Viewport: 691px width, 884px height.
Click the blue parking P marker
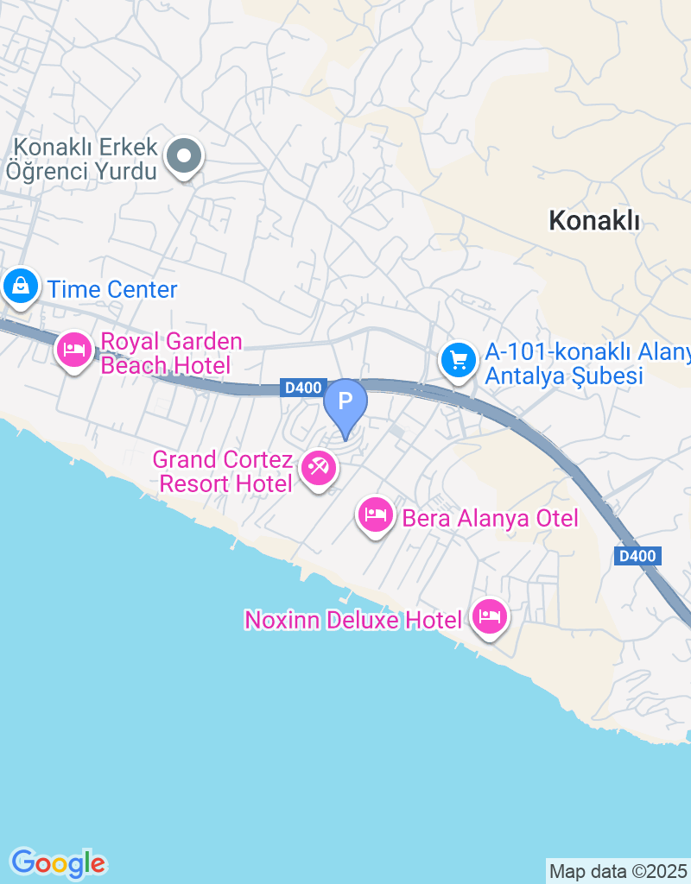point(345,402)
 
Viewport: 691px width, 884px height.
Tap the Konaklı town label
point(594,221)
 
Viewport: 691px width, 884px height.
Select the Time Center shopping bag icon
point(20,285)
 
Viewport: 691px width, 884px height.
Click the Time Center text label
point(113,289)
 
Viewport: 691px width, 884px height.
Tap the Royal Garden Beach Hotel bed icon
point(74,350)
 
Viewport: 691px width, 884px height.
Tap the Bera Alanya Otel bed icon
point(374,515)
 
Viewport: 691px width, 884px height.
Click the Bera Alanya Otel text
point(489,518)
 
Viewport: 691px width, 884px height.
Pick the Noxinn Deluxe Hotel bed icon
point(490,616)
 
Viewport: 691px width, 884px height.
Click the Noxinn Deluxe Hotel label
point(355,620)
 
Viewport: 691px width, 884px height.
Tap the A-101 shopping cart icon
point(458,359)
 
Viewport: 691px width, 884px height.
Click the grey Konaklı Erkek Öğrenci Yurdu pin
point(183,157)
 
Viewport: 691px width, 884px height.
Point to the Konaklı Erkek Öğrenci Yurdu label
point(84,159)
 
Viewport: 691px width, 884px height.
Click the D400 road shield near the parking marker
point(303,388)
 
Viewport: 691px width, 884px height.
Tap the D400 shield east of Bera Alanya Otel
point(638,556)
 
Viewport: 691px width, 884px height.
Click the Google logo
point(58,862)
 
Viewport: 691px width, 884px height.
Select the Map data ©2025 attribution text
point(618,871)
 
